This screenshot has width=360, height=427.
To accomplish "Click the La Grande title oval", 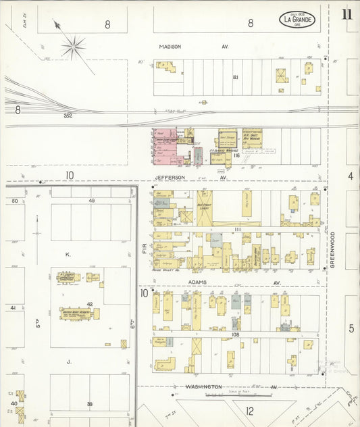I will (x=297, y=20).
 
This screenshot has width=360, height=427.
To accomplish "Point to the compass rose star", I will (x=73, y=47).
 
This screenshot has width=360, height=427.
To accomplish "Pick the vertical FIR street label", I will (x=145, y=249).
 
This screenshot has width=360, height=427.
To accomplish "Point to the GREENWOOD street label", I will (x=332, y=250).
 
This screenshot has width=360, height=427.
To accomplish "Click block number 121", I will (x=236, y=77).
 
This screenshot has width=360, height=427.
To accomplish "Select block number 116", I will (x=236, y=155).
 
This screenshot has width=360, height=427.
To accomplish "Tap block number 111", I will (x=238, y=230).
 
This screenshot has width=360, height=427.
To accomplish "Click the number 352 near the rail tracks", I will (x=67, y=116).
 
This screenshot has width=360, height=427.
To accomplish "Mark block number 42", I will (x=89, y=304).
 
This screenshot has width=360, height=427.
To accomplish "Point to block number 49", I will (x=91, y=201).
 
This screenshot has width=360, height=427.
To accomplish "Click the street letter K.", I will (x=68, y=255).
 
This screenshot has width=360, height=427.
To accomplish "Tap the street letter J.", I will (x=68, y=361).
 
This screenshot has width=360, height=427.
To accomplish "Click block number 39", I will (x=89, y=404).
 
